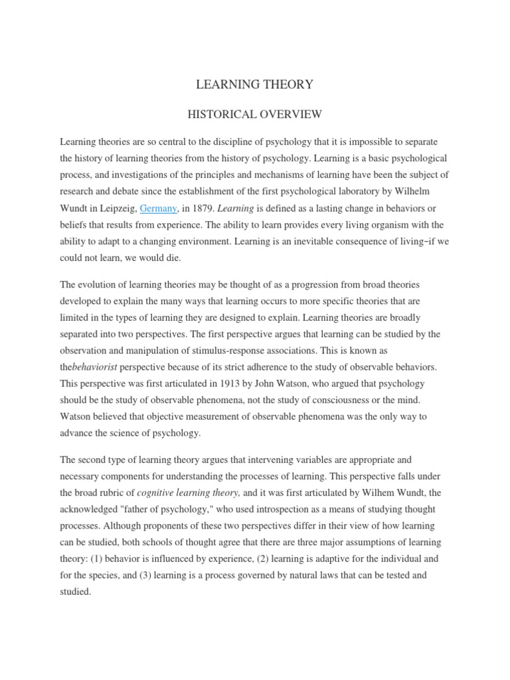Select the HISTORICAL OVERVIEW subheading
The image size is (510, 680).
pos(255,114)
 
